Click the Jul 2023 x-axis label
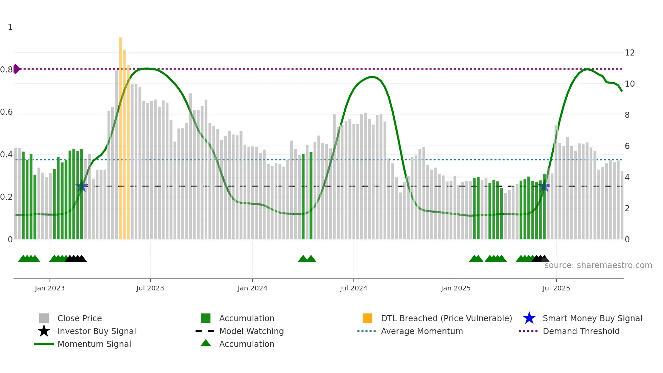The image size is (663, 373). (150, 288)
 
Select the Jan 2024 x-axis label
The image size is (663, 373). (252, 288)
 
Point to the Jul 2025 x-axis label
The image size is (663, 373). (556, 288)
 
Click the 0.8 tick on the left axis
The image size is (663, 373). (6, 70)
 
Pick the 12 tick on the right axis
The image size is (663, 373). (630, 53)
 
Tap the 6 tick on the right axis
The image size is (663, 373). (627, 146)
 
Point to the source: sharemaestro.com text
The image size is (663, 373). (598, 265)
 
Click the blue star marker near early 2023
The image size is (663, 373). (81, 186)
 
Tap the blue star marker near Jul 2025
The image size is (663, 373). (544, 186)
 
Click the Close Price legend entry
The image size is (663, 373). (79, 318)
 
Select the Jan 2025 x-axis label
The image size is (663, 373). (456, 288)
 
